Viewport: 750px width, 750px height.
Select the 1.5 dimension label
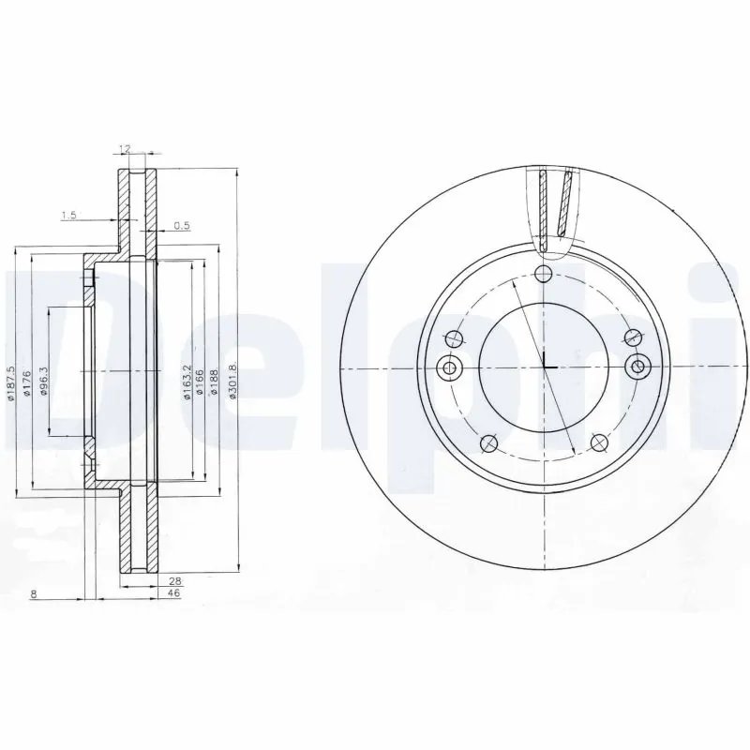tap(68, 217)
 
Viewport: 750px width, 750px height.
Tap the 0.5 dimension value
tap(182, 226)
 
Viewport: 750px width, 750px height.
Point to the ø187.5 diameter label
tap(11, 384)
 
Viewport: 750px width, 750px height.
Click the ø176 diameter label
tap(29, 384)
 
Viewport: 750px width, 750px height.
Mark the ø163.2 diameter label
tap(188, 382)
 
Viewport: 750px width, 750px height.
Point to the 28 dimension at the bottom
tap(174, 582)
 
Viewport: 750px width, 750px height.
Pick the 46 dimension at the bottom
tap(174, 594)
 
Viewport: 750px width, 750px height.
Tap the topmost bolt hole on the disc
tap(544, 273)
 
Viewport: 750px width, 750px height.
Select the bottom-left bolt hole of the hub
tap(487, 443)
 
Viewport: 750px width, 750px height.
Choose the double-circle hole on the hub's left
tap(448, 366)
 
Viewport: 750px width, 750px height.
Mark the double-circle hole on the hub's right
tap(639, 366)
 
